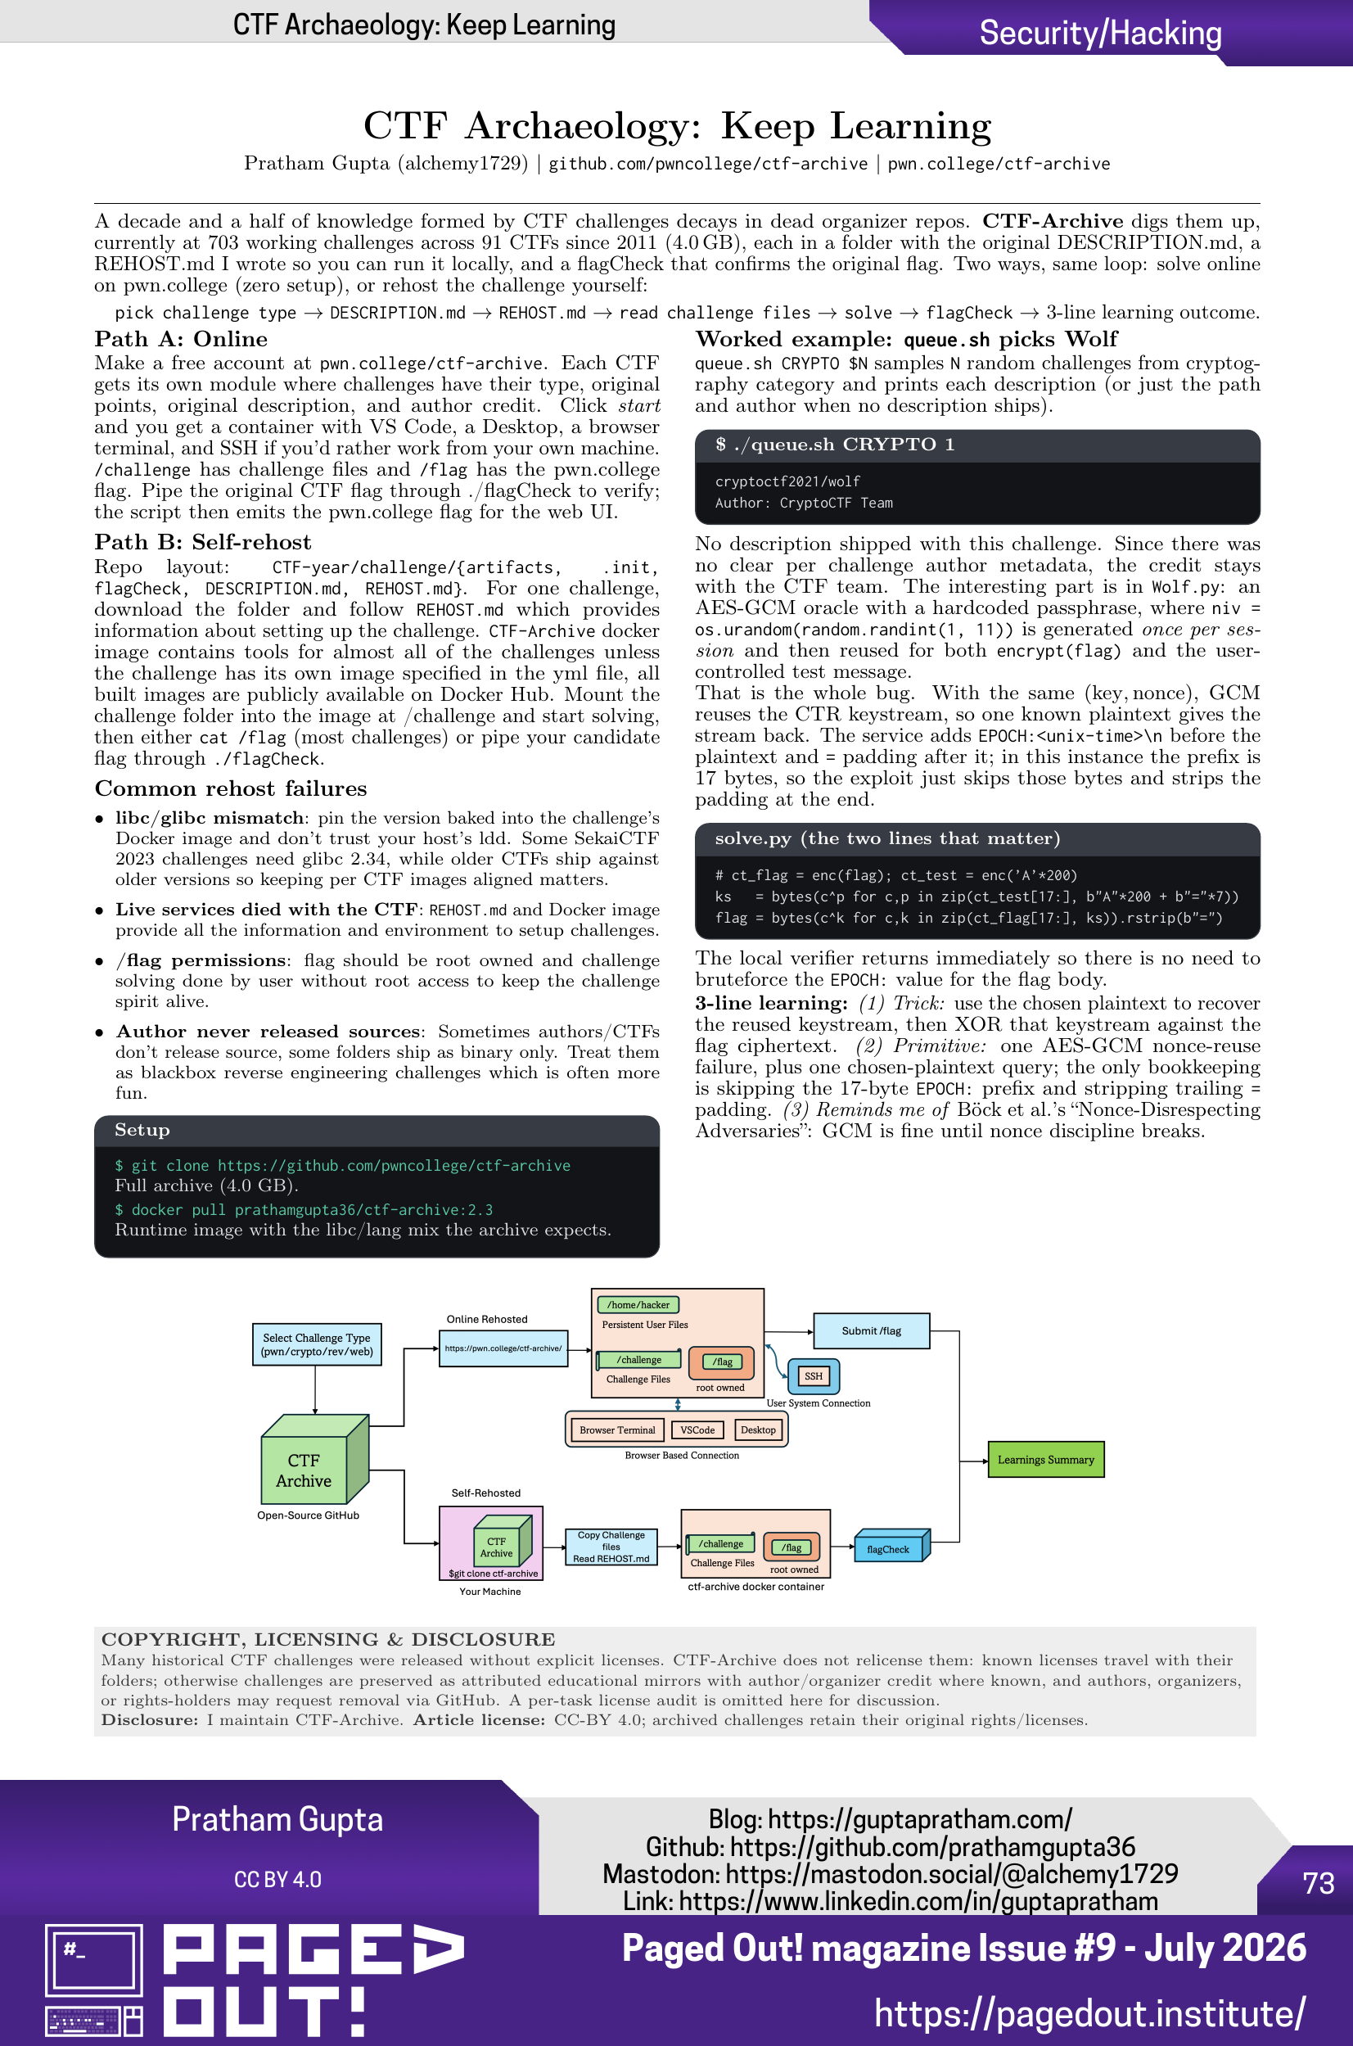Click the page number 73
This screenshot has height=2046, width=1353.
1318,1883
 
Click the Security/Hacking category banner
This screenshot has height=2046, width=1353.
1100,33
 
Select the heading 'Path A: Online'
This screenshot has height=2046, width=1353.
181,339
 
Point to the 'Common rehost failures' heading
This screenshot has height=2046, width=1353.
230,788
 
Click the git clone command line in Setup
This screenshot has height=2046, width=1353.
343,1166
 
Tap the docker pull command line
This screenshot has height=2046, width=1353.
304,1210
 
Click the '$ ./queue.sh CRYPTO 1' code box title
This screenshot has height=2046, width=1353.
834,445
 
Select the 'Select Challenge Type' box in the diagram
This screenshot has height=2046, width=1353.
317,1344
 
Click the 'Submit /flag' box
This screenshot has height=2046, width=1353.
872,1330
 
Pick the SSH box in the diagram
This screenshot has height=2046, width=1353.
814,1375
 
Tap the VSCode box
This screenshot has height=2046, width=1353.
697,1429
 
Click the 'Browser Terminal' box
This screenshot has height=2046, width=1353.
618,1429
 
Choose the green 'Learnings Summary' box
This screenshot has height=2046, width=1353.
1046,1460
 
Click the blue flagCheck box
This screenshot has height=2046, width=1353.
888,1548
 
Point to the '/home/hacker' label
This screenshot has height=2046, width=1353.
638,1305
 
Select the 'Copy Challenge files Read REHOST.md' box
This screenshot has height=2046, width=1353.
611,1547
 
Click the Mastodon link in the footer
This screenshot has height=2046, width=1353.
890,1873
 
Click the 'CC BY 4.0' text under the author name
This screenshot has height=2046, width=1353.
277,1880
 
